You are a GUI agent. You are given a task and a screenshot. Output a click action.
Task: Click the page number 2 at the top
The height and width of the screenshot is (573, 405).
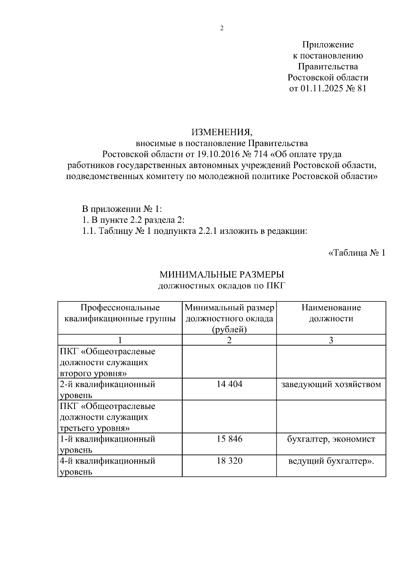click(x=222, y=28)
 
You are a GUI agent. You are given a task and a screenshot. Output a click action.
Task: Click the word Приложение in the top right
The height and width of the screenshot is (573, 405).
click(x=328, y=45)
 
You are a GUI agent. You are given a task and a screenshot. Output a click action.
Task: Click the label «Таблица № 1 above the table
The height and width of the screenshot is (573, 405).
click(x=357, y=253)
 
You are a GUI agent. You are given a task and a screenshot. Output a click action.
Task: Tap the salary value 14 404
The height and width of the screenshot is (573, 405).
click(x=229, y=384)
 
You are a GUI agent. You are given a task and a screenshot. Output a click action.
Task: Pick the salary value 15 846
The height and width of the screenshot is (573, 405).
click(x=229, y=439)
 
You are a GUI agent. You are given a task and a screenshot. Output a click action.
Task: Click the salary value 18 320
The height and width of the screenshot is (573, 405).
click(x=229, y=461)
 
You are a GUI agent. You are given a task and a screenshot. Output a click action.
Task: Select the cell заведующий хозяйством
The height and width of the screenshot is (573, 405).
click(x=331, y=384)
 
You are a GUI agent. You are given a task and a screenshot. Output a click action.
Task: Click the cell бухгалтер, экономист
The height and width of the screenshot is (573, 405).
click(x=331, y=439)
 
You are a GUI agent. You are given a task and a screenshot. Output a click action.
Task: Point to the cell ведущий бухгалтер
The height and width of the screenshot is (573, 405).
click(x=331, y=461)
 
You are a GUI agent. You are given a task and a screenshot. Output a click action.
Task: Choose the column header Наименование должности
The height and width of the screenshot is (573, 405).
click(x=331, y=313)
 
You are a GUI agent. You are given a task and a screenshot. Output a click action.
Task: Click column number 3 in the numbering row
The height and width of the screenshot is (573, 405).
click(x=331, y=340)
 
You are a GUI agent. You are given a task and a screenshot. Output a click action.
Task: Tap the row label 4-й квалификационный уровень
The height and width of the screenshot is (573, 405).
click(x=107, y=466)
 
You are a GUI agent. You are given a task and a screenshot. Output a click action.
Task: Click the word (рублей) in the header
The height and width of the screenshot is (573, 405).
click(x=229, y=329)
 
